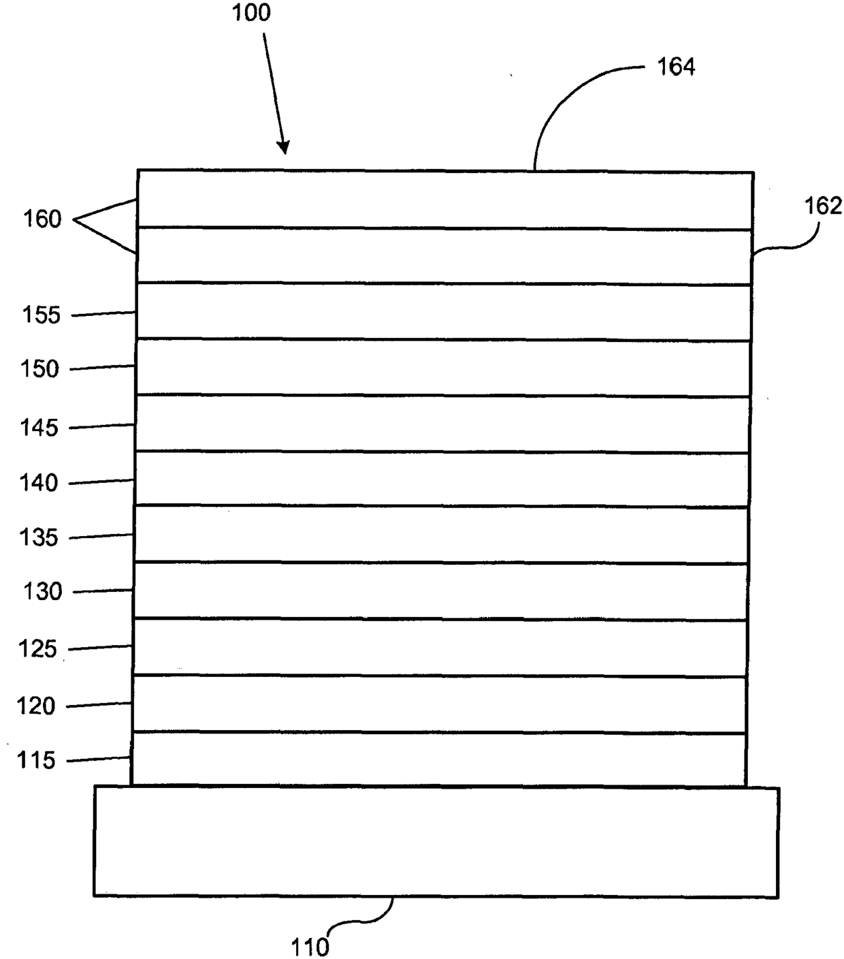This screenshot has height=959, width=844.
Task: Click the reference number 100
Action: click(251, 13)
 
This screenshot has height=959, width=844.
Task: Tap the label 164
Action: click(675, 67)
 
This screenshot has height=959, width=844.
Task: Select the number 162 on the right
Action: click(823, 206)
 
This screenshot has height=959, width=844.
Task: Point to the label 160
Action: click(42, 219)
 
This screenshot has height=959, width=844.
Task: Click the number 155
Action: click(42, 315)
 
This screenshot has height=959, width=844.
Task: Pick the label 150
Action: click(40, 369)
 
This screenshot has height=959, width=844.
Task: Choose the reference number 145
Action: click(39, 428)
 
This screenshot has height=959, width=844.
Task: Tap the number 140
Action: click(39, 483)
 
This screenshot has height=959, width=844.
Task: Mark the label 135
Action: click(39, 537)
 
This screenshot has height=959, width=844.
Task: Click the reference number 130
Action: click(42, 592)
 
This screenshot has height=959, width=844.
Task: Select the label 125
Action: click(38, 648)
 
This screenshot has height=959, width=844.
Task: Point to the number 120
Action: click(36, 706)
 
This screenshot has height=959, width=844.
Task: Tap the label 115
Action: click(36, 760)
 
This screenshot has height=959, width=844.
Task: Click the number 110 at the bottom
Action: click(310, 947)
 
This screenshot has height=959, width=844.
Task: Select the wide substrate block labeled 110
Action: click(436, 842)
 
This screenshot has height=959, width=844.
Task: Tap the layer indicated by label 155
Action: click(444, 311)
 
